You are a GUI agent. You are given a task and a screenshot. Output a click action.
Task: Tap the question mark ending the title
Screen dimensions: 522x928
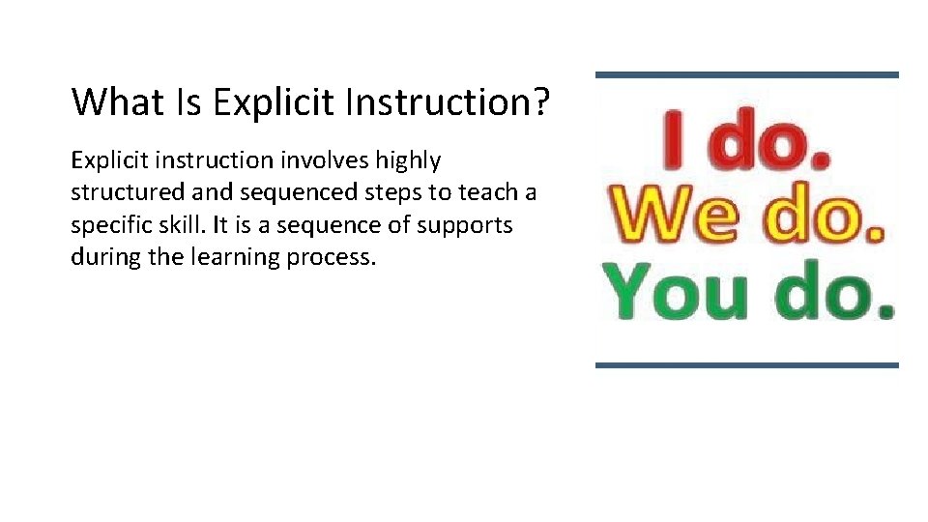[x=538, y=101]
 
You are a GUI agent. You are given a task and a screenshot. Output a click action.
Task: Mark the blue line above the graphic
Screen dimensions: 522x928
[x=746, y=74]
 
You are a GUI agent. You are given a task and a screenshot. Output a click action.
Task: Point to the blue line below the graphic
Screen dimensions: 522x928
[x=746, y=364]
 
